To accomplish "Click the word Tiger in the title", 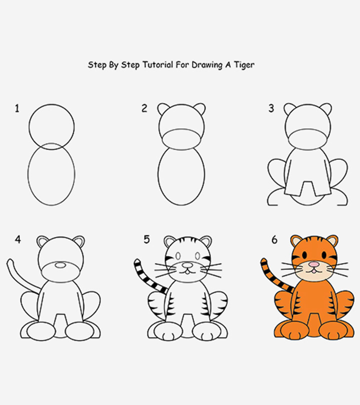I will (x=244, y=65).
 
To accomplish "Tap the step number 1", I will (x=17, y=108).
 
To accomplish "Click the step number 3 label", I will (x=271, y=108).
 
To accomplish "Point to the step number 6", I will (x=274, y=240).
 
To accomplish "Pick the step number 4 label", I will (x=18, y=240).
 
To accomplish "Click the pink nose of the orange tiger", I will (x=313, y=263).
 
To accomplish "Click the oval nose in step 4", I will (x=59, y=264).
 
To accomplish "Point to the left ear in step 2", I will (x=163, y=108).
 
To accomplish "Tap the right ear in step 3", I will (x=325, y=108).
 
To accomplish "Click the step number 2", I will (x=144, y=108).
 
